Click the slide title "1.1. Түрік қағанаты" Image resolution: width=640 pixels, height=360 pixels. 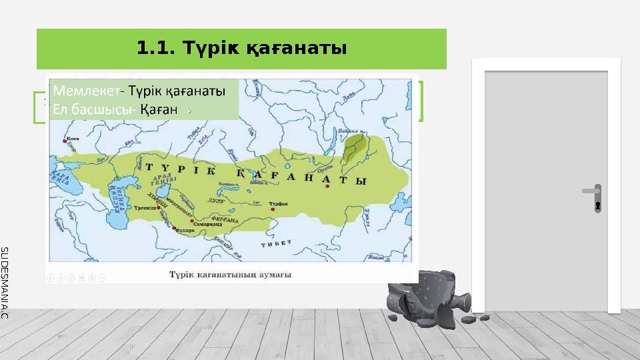[x=241, y=48]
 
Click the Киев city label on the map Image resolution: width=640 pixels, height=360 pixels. [x=73, y=140]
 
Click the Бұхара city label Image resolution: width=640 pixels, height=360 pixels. [x=184, y=229]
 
